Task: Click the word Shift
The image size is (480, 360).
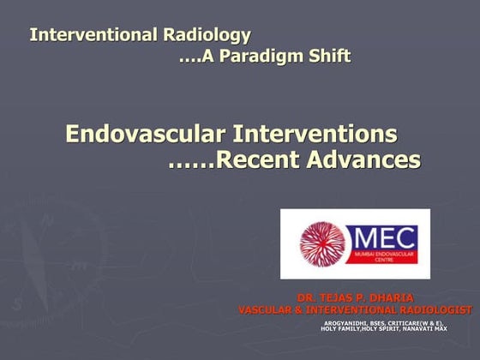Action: pyautogui.click(x=327, y=57)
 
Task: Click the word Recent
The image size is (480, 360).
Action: pyautogui.click(x=255, y=159)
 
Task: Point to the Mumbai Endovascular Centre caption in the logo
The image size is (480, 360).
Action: pyautogui.click(x=383, y=258)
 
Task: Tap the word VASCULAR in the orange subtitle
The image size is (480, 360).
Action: pyautogui.click(x=267, y=309)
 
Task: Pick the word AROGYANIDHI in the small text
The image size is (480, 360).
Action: pyautogui.click(x=344, y=322)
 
